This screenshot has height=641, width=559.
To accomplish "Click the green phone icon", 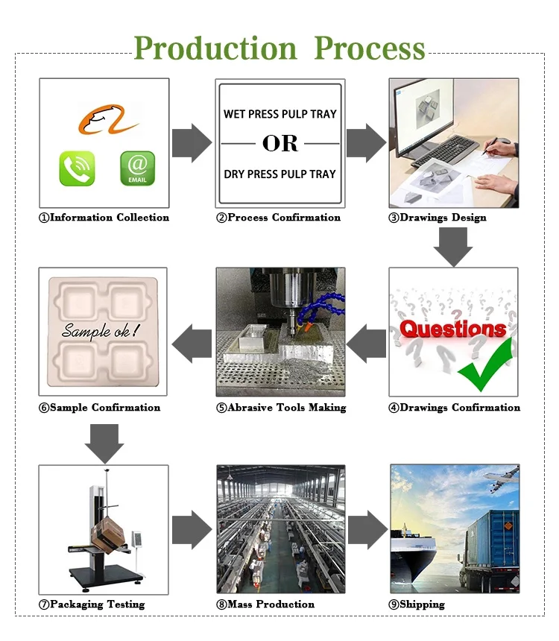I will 78,168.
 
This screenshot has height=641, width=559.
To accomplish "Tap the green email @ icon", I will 138,168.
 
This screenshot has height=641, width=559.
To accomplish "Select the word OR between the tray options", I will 280,143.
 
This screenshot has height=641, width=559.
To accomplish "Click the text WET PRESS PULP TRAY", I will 280,114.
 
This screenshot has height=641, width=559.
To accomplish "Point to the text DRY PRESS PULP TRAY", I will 280,174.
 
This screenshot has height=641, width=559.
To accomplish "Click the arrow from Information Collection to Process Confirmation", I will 192,142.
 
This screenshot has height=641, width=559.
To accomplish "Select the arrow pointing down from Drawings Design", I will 453,247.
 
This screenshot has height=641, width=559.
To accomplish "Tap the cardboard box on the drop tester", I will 107,534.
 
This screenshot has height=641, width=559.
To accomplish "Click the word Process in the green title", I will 370,48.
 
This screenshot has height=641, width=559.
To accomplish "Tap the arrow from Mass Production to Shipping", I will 367,530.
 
